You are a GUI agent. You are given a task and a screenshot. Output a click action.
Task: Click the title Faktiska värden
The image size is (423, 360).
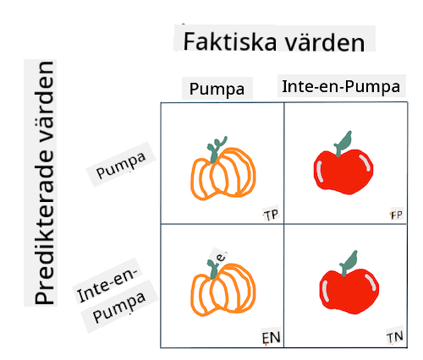[x=274, y=42]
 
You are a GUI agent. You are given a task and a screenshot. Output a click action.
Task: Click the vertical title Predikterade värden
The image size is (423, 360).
[x=44, y=183]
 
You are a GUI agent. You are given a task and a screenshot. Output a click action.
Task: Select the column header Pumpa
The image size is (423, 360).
[x=217, y=90]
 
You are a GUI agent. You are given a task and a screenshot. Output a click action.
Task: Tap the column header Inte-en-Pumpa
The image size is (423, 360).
[x=341, y=86]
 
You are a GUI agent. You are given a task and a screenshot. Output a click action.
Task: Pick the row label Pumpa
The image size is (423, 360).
[x=121, y=166]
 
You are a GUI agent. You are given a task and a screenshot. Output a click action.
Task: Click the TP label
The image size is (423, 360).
[x=272, y=215]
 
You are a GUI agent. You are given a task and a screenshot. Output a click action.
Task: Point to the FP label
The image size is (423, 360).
[x=397, y=215]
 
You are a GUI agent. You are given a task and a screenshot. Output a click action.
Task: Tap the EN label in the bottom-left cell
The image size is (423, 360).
[x=271, y=338]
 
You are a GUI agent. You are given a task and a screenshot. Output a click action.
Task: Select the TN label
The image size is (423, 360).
[x=395, y=337]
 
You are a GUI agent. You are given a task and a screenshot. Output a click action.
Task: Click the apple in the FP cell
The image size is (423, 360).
[x=343, y=163]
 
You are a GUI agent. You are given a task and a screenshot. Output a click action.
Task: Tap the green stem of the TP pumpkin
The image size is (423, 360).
[x=215, y=150]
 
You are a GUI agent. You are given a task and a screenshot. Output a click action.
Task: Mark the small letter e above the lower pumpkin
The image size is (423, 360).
[x=221, y=257]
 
